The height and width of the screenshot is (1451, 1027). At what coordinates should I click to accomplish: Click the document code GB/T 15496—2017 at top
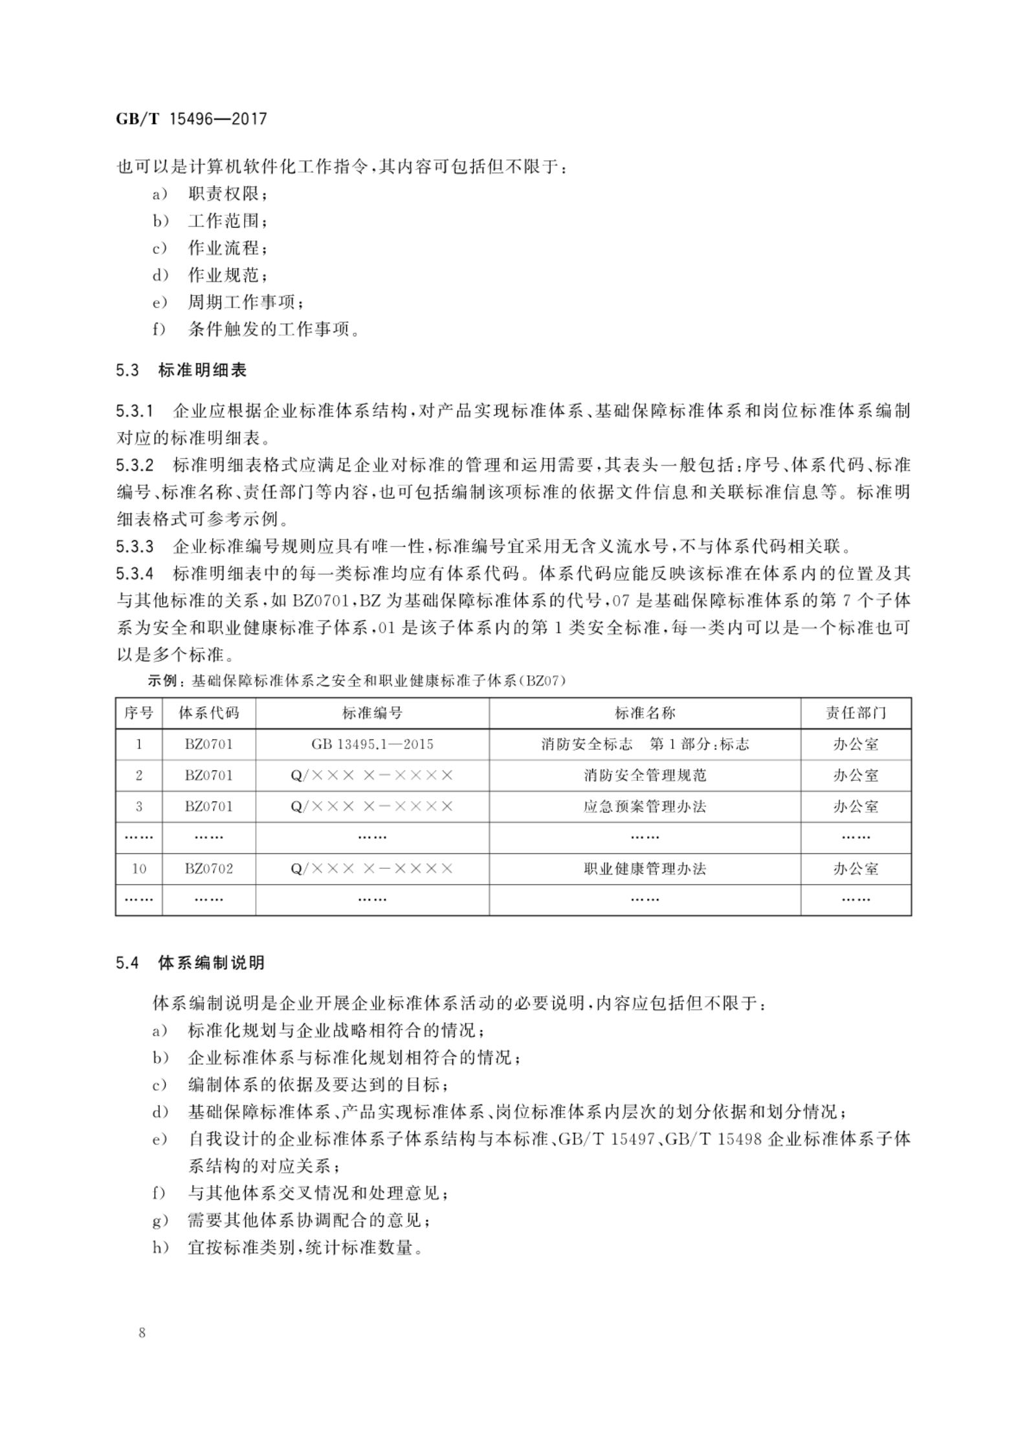coord(191,119)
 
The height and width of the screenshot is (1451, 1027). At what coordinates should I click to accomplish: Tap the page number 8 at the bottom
coord(142,1333)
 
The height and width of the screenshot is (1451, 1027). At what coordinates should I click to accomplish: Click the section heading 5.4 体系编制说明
coord(190,963)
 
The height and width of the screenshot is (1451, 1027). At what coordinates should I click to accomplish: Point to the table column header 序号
coord(138,713)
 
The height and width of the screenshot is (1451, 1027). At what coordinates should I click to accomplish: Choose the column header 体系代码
coord(208,713)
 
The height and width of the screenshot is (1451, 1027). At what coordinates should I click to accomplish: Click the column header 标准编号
coord(372,713)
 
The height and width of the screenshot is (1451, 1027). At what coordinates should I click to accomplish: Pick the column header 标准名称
coord(645,713)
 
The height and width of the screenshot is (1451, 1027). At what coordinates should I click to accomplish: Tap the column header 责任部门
coord(856,713)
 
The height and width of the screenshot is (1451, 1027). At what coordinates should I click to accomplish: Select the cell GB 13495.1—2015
coord(372,744)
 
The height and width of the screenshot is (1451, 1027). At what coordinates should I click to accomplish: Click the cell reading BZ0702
coord(208,869)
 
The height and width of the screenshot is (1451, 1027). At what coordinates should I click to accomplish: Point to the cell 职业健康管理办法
coord(645,869)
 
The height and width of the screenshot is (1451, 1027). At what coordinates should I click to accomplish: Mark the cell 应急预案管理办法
coord(645,807)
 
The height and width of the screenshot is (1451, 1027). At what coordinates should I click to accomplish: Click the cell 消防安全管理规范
coord(645,775)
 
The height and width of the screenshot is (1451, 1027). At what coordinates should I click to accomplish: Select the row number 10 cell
coord(138,869)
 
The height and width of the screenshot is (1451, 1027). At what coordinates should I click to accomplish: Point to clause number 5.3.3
coord(135,547)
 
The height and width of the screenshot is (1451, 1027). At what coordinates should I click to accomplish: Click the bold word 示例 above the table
coord(162,681)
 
